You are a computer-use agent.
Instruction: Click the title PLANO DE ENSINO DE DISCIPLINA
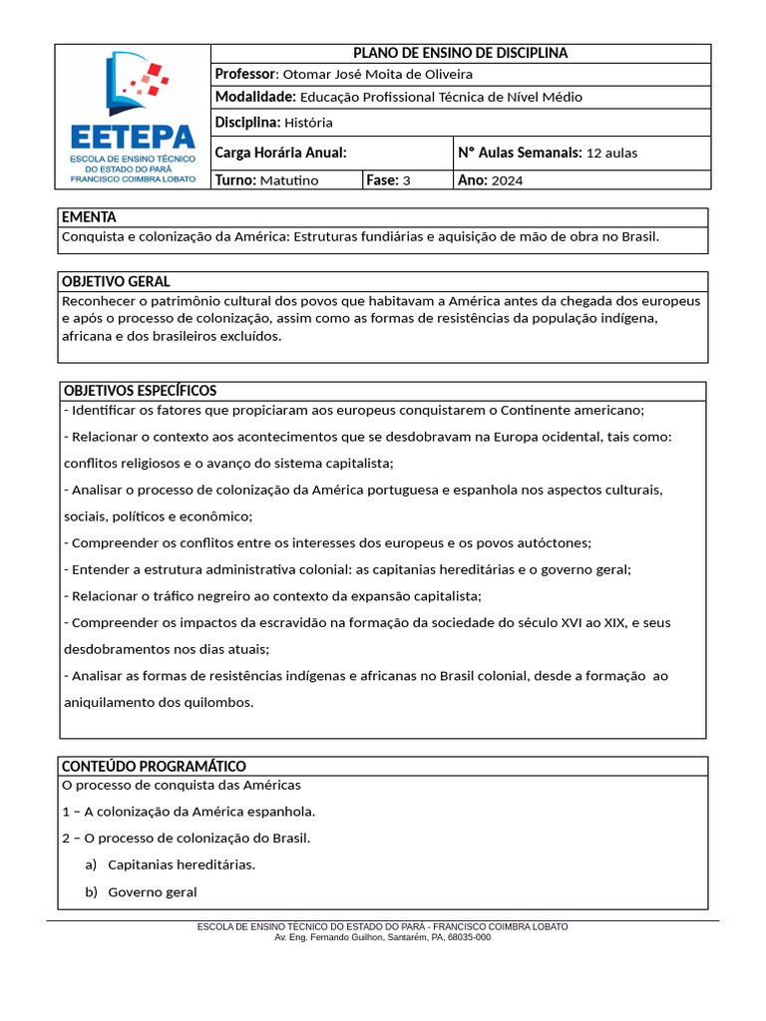click(x=461, y=53)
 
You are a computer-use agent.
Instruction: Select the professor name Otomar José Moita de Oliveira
click(x=377, y=75)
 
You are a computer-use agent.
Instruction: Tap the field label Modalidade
click(x=254, y=97)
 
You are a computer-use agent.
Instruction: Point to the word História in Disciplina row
click(x=307, y=123)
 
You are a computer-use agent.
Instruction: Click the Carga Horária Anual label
click(x=280, y=153)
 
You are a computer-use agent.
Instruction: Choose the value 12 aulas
click(x=611, y=154)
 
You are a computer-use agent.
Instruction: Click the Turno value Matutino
click(x=288, y=180)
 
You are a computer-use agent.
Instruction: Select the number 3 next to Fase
click(x=406, y=180)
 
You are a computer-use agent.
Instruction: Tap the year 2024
click(x=507, y=180)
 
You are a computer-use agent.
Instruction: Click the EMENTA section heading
click(x=89, y=217)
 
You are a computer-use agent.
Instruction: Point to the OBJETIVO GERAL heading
click(x=116, y=281)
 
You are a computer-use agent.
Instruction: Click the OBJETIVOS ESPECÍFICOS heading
click(x=140, y=390)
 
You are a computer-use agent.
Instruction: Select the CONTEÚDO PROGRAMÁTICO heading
click(x=154, y=766)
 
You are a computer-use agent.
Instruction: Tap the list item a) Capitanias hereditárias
click(x=171, y=864)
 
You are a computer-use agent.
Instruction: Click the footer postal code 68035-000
click(x=468, y=937)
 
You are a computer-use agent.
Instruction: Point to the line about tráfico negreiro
click(x=271, y=596)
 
